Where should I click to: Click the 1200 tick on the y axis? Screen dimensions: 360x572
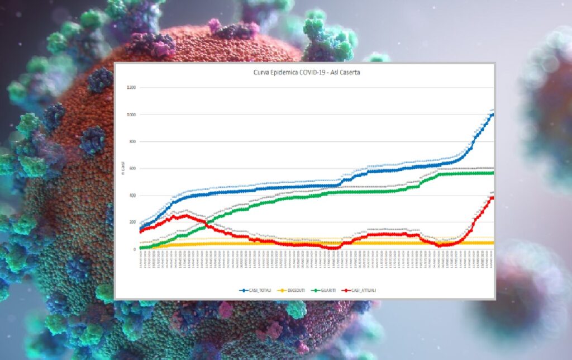132,88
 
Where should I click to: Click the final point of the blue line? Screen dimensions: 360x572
493,113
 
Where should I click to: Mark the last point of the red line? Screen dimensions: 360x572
493,197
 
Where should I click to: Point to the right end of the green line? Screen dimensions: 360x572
493,173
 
